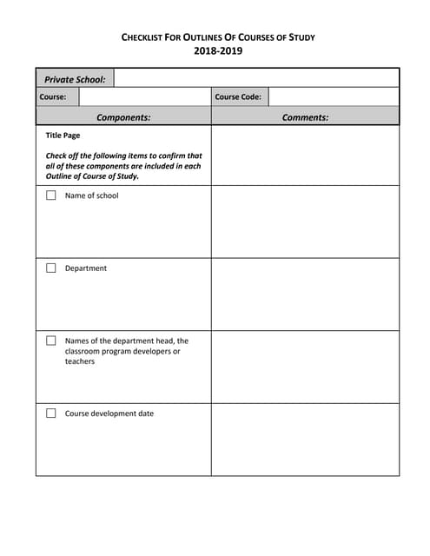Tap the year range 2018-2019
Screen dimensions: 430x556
[218, 51]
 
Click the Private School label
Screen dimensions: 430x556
[76, 79]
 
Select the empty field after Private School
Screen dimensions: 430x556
[256, 79]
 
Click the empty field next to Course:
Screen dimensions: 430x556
[144, 96]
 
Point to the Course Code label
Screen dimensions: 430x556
[238, 96]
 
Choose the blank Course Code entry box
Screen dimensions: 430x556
[333, 96]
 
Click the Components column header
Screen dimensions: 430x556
[123, 116]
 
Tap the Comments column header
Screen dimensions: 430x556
[305, 116]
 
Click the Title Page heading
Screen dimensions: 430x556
[63, 136]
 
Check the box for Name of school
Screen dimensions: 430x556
[51, 195]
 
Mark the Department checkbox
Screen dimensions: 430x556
[51, 268]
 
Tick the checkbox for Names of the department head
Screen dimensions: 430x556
[51, 341]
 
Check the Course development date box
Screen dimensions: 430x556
[51, 414]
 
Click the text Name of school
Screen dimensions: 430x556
[91, 195]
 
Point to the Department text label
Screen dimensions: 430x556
[86, 268]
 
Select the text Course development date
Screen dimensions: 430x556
[109, 414]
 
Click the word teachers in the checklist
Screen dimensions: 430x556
[80, 361]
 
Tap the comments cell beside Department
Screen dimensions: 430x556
[305, 294]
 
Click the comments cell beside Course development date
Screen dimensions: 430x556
[305, 439]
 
